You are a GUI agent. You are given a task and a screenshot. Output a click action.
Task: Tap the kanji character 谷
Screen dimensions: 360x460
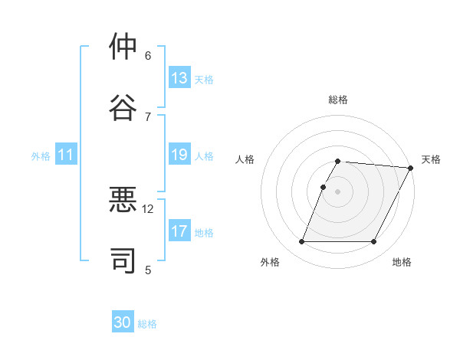tap(123, 106)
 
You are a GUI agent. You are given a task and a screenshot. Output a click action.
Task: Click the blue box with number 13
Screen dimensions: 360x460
tap(179, 78)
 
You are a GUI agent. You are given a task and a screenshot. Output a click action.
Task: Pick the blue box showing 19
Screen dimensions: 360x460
tap(179, 155)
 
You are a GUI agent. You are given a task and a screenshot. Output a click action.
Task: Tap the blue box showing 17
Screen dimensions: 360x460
tap(179, 231)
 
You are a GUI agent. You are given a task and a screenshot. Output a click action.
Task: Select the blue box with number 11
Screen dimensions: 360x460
tap(66, 155)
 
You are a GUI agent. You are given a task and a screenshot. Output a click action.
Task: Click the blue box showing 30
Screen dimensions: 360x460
tap(123, 323)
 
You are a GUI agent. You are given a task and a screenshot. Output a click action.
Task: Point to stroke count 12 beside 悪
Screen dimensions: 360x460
tap(148, 208)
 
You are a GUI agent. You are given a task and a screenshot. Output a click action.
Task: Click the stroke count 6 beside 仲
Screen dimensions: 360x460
tap(148, 55)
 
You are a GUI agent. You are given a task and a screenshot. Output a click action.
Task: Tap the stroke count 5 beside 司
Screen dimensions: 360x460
tap(148, 269)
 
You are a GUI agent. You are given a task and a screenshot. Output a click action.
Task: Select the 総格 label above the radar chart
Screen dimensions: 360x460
tap(338, 100)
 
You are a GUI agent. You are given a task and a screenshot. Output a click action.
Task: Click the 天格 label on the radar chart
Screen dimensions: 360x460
tap(431, 159)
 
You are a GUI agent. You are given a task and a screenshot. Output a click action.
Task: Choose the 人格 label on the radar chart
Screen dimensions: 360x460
tap(245, 159)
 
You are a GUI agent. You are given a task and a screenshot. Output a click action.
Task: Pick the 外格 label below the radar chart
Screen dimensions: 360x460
tap(270, 263)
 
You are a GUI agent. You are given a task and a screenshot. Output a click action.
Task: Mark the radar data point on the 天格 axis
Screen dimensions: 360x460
tap(411, 168)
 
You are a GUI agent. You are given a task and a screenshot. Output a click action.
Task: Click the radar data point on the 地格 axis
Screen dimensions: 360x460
tap(374, 242)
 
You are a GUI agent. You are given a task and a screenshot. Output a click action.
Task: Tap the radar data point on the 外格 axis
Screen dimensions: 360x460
tap(301, 242)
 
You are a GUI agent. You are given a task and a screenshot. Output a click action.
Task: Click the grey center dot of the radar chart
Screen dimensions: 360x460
tap(338, 191)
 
